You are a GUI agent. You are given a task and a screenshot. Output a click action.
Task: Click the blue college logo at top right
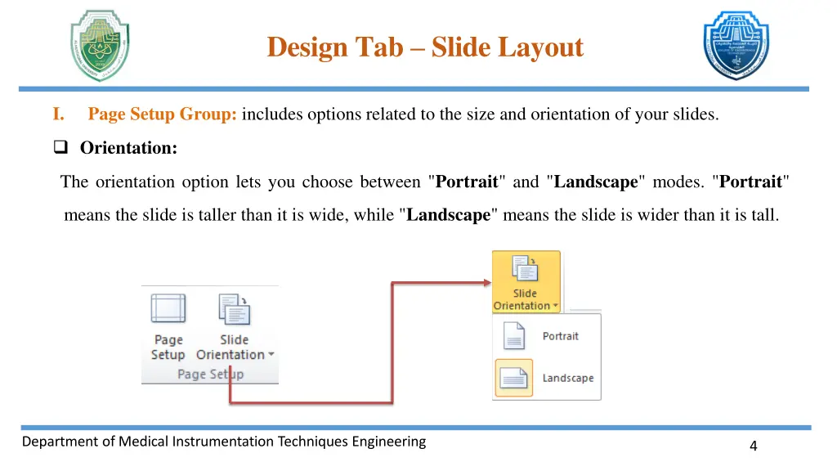[736, 46]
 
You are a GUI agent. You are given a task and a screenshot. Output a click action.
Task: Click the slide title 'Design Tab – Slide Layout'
[425, 47]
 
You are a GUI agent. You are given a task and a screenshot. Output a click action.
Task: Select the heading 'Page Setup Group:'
[163, 114]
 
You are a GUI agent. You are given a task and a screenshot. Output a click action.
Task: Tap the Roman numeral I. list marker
[59, 114]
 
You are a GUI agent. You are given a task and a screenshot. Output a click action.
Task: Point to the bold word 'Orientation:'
[128, 148]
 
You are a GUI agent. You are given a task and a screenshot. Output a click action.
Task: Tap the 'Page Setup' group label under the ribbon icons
[210, 374]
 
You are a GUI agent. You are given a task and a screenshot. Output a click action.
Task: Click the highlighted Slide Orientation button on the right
[526, 282]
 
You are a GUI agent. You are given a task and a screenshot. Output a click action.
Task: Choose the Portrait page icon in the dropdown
[513, 336]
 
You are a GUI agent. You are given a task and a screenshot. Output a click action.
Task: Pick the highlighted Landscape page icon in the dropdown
[513, 378]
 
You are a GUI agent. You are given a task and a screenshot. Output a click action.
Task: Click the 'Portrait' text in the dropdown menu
[560, 336]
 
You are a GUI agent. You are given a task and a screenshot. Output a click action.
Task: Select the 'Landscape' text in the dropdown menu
[567, 378]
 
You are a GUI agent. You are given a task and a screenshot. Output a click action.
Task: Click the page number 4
[753, 446]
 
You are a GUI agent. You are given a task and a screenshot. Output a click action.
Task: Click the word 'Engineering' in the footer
[388, 442]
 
